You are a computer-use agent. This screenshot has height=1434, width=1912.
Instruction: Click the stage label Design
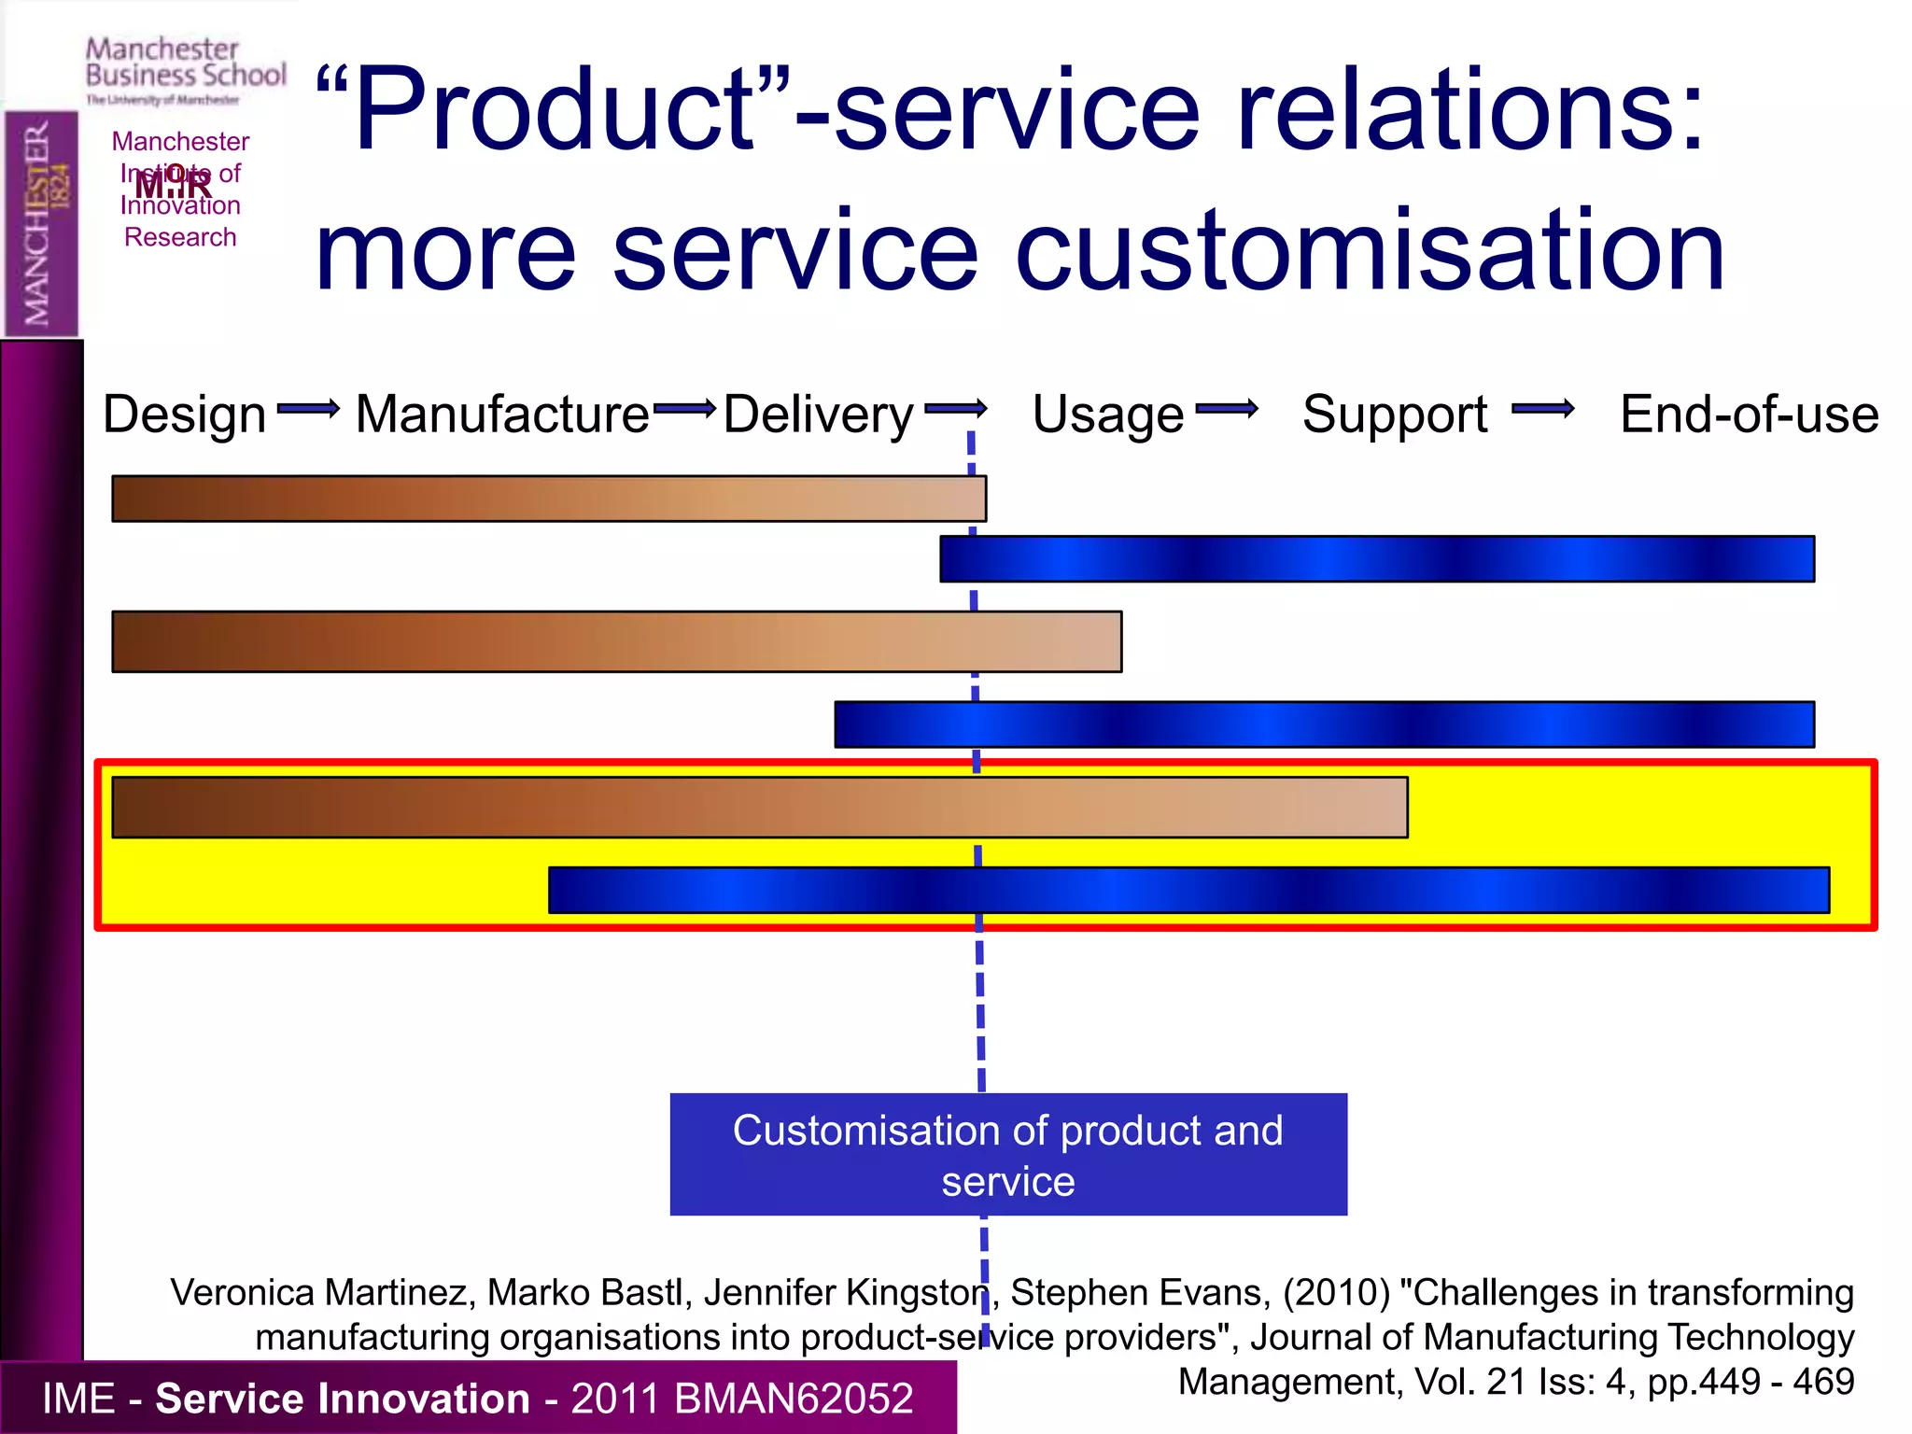184,414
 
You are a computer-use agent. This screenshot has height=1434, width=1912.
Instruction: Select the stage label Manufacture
502,414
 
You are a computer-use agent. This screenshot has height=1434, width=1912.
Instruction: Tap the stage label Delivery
818,414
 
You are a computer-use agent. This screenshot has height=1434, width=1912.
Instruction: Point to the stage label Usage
1107,414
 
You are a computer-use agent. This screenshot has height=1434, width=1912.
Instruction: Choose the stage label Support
1395,414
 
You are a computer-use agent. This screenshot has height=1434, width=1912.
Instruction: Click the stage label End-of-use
1749,414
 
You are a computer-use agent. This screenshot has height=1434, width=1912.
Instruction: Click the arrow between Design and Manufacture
308,408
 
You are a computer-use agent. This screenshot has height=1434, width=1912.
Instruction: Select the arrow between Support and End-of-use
1542,408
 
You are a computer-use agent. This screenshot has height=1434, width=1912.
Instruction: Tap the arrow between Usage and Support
1226,408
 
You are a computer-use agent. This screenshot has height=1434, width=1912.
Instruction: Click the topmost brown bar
549,499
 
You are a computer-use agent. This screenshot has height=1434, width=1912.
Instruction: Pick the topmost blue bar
1376,558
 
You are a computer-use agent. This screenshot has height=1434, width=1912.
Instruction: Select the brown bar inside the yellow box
759,807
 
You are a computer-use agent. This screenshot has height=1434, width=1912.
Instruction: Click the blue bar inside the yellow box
1188,890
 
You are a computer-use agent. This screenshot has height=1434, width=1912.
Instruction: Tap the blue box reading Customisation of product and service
1008,1154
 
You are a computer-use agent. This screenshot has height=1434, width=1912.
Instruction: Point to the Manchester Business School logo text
185,63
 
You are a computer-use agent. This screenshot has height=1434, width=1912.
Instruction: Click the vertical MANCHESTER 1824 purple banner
41,223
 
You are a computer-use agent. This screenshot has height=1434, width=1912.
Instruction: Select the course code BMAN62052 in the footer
793,1398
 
